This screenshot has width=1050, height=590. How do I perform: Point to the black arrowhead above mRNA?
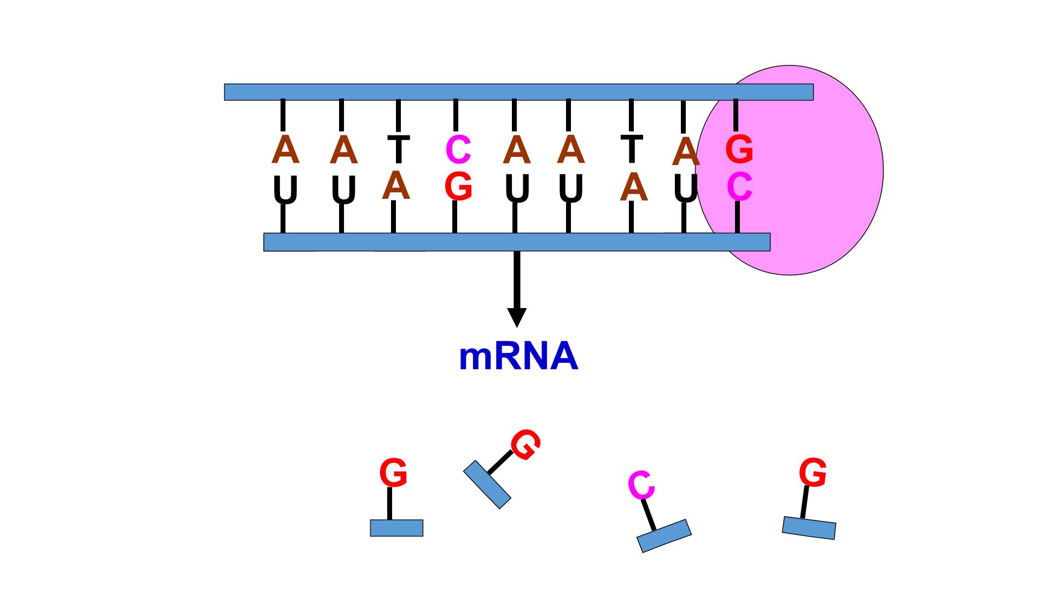click(517, 317)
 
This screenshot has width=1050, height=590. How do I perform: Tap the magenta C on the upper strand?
click(459, 149)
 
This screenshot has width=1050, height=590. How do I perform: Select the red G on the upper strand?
click(739, 149)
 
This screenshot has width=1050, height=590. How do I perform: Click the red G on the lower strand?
click(459, 186)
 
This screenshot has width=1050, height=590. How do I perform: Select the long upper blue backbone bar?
click(518, 92)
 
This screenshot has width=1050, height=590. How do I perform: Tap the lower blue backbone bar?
click(517, 242)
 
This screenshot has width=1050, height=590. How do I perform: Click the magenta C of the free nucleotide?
click(641, 485)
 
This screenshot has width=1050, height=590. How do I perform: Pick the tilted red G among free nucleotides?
click(526, 444)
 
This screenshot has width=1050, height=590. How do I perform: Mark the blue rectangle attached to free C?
click(664, 536)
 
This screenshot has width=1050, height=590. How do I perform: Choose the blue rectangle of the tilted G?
click(487, 485)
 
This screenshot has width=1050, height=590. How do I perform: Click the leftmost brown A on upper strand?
click(285, 149)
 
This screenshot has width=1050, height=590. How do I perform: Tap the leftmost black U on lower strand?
click(285, 191)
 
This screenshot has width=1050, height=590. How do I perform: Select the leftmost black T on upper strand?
click(398, 149)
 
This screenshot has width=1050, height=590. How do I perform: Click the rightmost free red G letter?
click(813, 473)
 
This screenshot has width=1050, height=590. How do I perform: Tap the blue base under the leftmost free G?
click(396, 528)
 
